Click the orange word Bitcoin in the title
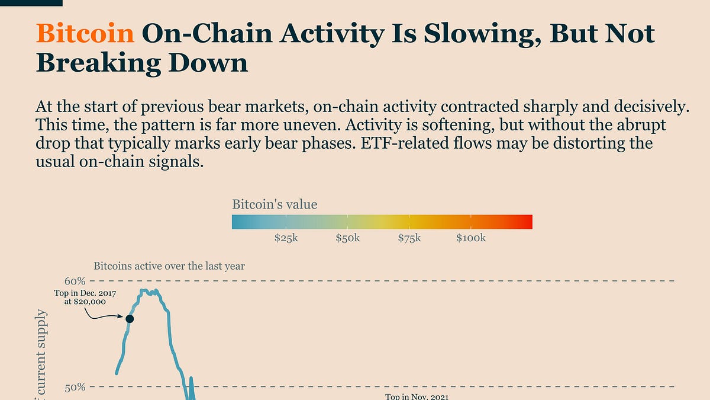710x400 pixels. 85,34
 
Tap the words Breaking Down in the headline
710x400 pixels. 142,62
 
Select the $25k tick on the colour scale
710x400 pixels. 286,238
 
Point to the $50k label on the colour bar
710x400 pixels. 347,238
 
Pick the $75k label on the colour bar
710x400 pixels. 409,238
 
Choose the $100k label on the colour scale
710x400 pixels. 470,238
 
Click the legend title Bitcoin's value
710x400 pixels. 274,205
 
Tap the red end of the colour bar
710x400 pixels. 527,222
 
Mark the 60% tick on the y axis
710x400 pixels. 75,280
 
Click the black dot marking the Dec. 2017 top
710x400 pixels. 130,319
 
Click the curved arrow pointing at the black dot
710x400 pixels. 106,316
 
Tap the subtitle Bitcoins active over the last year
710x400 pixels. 169,266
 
